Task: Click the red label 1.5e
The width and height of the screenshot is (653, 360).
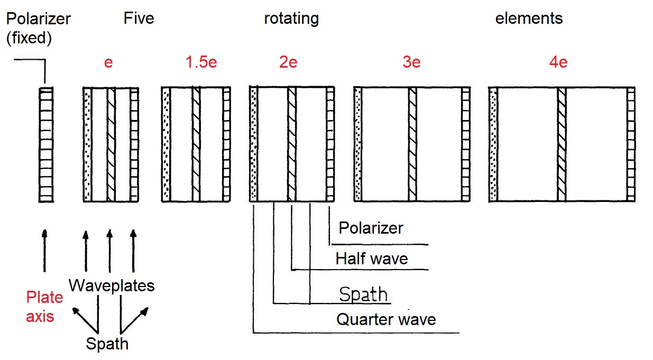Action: coord(201,62)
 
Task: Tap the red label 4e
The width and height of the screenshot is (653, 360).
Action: coord(558,62)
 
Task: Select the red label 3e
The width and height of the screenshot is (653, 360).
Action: coord(411,62)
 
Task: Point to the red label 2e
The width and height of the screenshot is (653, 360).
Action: coord(288,62)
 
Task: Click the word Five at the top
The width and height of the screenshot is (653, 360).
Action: coord(139,19)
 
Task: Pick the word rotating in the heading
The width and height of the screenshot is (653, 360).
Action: coord(291,19)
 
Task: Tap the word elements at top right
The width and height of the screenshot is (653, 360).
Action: coord(529,19)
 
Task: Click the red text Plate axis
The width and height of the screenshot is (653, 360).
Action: coord(44,307)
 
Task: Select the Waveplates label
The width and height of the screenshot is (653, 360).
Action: coord(112,286)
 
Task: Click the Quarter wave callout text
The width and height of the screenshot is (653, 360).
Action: coord(386,319)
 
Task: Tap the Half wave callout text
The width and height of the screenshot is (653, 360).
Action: coord(372,259)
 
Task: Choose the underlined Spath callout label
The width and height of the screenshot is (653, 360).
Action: coord(364,294)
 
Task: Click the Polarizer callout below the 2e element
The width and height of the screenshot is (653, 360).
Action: coord(371,228)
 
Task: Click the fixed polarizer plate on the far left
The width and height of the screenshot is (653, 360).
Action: coord(47,144)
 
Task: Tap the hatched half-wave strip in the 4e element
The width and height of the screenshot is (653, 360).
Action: coord(562,144)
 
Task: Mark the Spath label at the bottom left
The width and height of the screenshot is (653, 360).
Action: coord(107,344)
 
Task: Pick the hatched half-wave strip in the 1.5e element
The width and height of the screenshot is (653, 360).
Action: coord(196,144)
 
